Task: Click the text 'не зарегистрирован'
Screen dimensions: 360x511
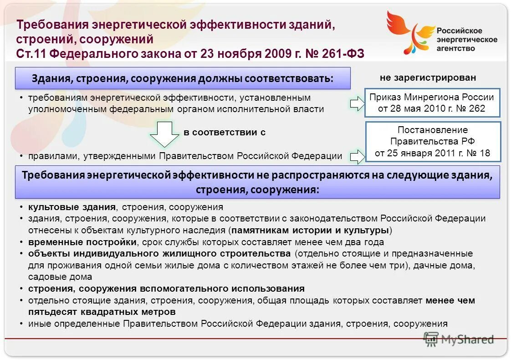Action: coord(428,77)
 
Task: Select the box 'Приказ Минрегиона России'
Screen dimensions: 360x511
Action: coord(431,103)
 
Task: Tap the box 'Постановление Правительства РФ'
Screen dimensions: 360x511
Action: coord(432,141)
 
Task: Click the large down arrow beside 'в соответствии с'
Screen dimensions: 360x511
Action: coord(164,134)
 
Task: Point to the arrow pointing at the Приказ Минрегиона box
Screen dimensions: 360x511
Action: coord(358,103)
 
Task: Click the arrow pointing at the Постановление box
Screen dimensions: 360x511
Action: coord(358,156)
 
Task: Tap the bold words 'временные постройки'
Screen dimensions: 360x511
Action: coord(82,242)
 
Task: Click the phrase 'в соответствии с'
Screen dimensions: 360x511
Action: coord(225,133)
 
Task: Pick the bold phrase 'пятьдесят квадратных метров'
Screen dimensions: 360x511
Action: coord(102,312)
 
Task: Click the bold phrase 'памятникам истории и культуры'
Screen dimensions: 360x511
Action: coord(310,230)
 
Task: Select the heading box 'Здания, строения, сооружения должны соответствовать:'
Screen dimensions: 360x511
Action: coord(183,78)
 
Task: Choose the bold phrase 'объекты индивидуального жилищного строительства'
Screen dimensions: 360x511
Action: coord(159,253)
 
